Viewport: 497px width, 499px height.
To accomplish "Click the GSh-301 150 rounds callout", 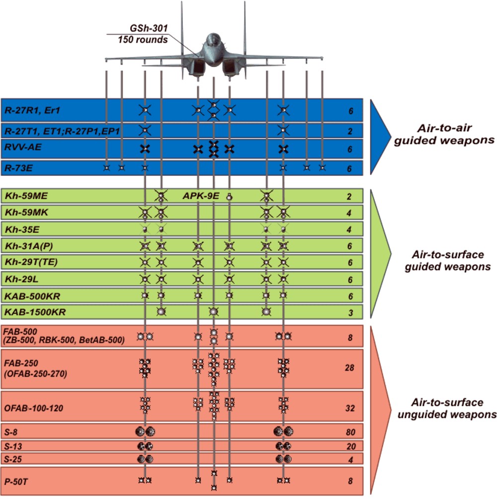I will click(x=143, y=34).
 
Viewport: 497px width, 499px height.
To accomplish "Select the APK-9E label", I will click(x=201, y=196).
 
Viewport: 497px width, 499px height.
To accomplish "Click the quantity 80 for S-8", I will click(x=350, y=432).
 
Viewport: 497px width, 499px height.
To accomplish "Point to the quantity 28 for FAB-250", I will click(x=350, y=368).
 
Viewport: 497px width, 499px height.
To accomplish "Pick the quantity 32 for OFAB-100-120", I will click(x=350, y=408).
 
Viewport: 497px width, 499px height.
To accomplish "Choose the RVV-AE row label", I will click(x=18, y=148).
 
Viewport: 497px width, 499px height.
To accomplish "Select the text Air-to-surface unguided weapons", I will click(x=448, y=407).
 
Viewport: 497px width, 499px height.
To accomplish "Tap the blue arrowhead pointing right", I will click(x=380, y=134).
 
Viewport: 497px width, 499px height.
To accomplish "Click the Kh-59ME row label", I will click(x=24, y=195).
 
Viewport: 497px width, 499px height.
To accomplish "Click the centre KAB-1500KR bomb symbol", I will click(x=213, y=312).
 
